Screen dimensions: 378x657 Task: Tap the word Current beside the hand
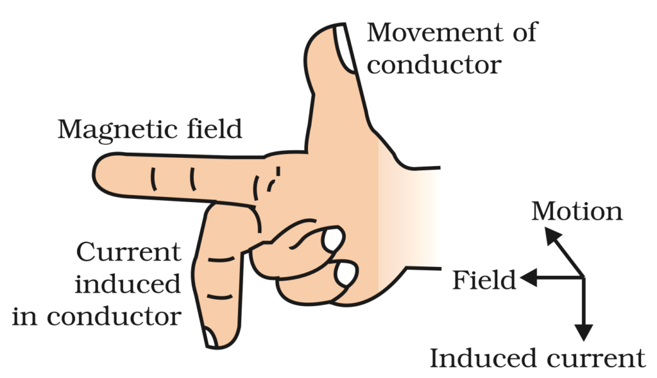coord(128,252)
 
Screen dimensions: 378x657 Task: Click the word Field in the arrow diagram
coord(484,280)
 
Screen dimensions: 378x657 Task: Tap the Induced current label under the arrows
coord(536,358)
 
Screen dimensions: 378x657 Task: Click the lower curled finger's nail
coord(346,274)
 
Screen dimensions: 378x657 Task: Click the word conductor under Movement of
coord(433,64)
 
